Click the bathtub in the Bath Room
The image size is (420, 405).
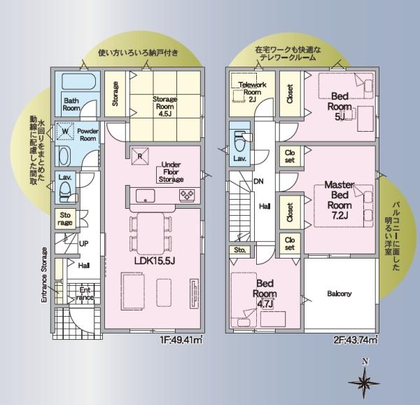coord(78,81)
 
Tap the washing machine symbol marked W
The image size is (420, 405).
coord(65,131)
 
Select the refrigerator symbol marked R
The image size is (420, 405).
coord(140,156)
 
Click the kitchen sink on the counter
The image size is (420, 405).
coord(145,195)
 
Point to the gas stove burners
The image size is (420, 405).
coord(187,195)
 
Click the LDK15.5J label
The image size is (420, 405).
coord(155,261)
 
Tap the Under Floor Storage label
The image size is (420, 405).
coord(171,172)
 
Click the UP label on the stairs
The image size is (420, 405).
coord(83,244)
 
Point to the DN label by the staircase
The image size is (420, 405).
coord(258,181)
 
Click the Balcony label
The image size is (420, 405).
coord(339,294)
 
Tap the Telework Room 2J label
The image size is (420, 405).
coord(252,92)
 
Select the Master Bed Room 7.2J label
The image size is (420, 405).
coord(339,200)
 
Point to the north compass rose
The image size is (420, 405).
coord(364,380)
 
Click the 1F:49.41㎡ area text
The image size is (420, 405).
coord(181,340)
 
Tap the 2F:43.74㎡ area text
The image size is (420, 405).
coord(356,340)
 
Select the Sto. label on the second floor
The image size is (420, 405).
coord(239,250)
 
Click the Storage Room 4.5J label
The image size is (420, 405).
coord(165,107)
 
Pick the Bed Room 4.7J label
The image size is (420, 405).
coord(265,294)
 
